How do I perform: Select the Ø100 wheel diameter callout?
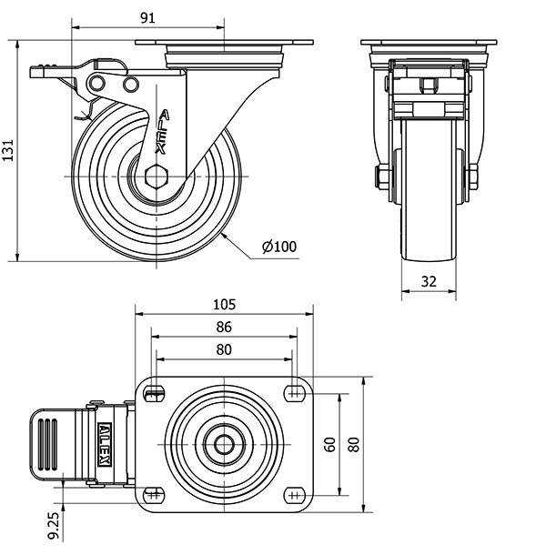click(x=279, y=246)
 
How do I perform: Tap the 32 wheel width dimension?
click(x=430, y=282)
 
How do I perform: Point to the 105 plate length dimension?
click(x=225, y=304)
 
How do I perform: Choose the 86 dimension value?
click(x=225, y=327)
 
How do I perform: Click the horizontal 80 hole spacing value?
click(x=225, y=349)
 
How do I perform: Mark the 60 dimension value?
click(x=329, y=444)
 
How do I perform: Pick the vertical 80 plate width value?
click(x=352, y=444)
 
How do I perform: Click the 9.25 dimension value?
click(x=55, y=526)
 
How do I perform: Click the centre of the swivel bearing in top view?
click(x=224, y=444)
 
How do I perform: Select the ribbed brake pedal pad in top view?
click(x=51, y=445)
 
